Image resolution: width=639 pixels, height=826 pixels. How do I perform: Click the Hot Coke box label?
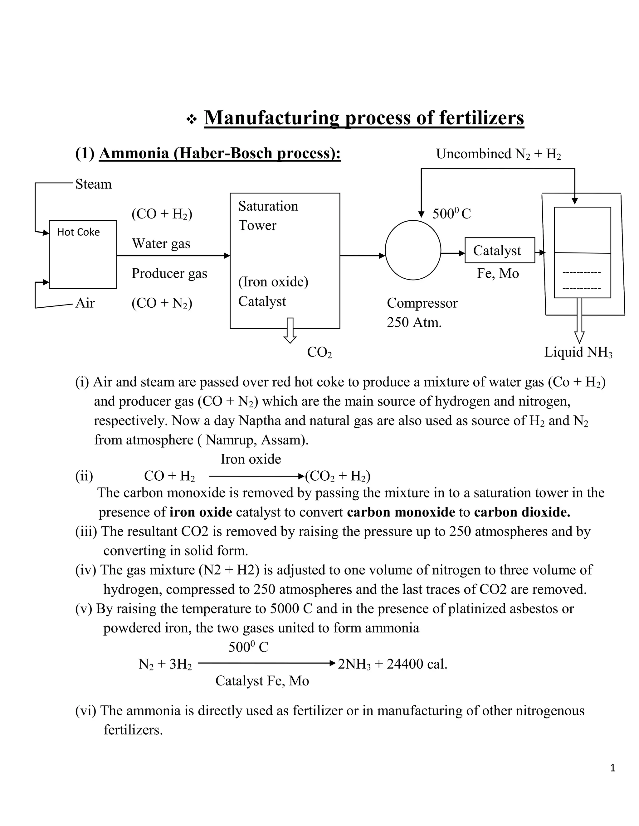point(78,232)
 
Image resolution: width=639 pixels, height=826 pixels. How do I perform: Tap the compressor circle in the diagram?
point(413,250)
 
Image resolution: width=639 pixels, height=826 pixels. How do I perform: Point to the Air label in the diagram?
point(85,303)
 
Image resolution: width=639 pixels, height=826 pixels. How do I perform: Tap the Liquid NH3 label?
point(578,352)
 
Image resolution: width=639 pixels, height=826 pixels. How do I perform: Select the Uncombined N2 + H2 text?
point(498,154)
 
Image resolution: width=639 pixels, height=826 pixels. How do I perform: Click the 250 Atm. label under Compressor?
point(414,323)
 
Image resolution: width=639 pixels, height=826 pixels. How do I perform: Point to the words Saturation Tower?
point(268,215)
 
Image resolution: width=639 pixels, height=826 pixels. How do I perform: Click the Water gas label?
point(161,243)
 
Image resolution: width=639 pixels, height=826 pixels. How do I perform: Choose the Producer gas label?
point(169,273)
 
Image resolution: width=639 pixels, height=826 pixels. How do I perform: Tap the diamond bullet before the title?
point(192,120)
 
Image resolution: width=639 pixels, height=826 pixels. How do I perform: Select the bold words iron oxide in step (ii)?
point(201,512)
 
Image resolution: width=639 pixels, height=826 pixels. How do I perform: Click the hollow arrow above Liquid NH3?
point(579,321)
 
